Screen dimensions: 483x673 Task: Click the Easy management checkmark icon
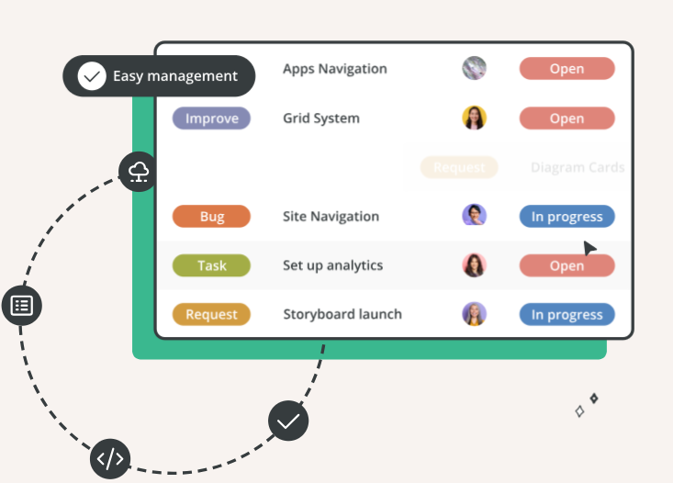pyautogui.click(x=92, y=76)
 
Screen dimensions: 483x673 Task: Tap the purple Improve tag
pyautogui.click(x=211, y=118)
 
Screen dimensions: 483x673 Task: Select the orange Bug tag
pyautogui.click(x=211, y=217)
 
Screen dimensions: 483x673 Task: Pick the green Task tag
pyautogui.click(x=211, y=265)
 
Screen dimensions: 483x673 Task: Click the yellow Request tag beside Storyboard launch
pyautogui.click(x=211, y=314)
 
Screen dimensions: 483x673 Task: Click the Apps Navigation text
pyautogui.click(x=334, y=69)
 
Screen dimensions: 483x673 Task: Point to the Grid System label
pyautogui.click(x=320, y=118)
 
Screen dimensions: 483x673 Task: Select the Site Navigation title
pyautogui.click(x=331, y=217)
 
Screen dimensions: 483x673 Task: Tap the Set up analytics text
pyautogui.click(x=332, y=265)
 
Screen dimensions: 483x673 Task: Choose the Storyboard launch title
pyautogui.click(x=342, y=314)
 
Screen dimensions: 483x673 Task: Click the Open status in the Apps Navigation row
pyautogui.click(x=566, y=69)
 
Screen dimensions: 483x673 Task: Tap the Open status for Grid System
pyautogui.click(x=566, y=118)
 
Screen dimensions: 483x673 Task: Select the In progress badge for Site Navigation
pyautogui.click(x=566, y=217)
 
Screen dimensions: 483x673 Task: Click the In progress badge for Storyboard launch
pyautogui.click(x=566, y=314)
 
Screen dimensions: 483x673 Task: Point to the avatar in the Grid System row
pyautogui.click(x=474, y=118)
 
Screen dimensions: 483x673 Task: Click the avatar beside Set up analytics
pyautogui.click(x=474, y=265)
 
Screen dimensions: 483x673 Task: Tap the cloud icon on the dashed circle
pyautogui.click(x=138, y=172)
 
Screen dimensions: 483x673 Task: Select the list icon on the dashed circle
pyautogui.click(x=22, y=305)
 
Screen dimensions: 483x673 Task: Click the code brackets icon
pyautogui.click(x=110, y=459)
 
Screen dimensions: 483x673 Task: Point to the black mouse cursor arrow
pyautogui.click(x=589, y=248)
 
